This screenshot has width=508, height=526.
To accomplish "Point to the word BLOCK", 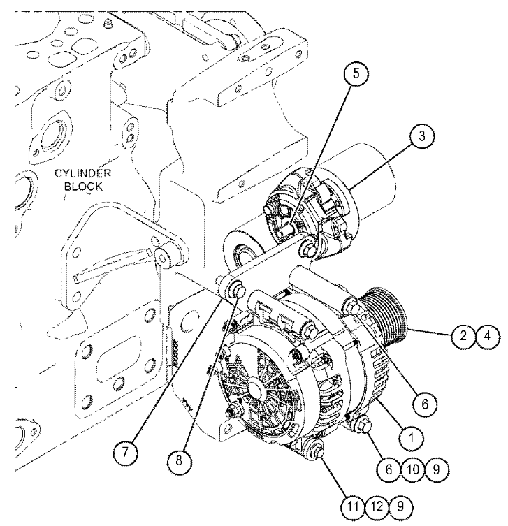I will [82, 187].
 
